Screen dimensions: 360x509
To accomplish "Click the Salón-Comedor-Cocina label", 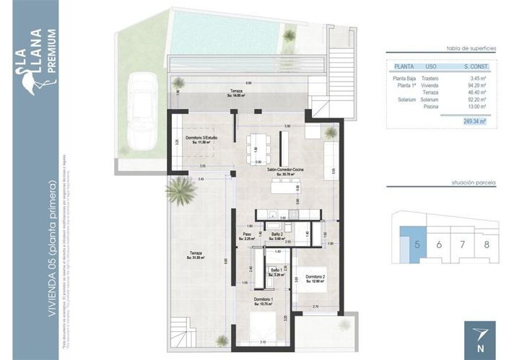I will click(285, 171).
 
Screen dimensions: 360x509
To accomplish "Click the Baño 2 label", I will click(277, 236).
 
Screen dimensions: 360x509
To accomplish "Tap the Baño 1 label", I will click(277, 271).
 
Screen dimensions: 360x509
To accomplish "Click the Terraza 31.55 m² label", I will click(196, 255).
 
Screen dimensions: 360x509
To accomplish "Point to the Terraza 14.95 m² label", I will click(236, 93).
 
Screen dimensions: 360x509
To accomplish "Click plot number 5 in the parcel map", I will click(417, 244).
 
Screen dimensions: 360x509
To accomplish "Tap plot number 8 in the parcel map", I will click(486, 244).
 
